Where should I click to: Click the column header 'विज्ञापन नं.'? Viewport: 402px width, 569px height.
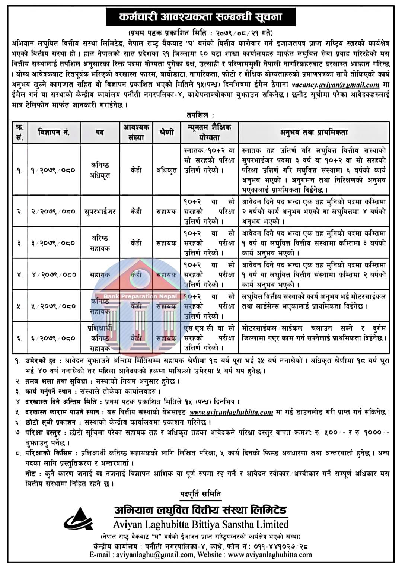coord(54,132)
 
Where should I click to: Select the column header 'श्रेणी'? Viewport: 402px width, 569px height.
coord(166,132)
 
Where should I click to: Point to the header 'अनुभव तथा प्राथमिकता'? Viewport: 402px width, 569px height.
coord(314,132)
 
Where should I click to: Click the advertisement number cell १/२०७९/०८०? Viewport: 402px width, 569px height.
coord(54,170)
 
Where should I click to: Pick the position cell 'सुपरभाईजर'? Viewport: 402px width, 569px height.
coord(100,212)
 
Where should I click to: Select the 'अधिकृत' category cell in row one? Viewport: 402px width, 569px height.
coord(166,170)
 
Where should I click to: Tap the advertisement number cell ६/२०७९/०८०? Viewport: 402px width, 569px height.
coord(54,338)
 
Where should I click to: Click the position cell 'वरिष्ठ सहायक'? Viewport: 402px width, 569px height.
coord(100,243)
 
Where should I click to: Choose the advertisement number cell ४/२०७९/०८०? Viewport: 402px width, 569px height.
coord(54,274)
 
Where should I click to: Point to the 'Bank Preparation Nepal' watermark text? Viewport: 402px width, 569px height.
coord(140,296)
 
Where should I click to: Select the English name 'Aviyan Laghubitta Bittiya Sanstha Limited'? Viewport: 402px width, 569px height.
coord(201,524)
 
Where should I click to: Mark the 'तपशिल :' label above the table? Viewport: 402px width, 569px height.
coord(201,115)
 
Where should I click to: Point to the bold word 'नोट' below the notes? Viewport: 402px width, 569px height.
coord(31,474)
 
